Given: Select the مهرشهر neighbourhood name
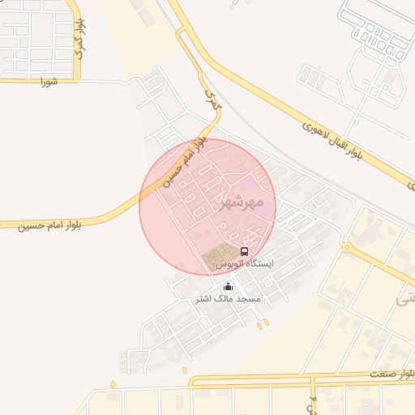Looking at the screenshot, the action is [248, 200].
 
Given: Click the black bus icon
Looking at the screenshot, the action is [245, 251].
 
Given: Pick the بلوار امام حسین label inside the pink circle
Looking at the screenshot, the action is [185, 162].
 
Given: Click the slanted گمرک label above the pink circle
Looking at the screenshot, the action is [212, 101].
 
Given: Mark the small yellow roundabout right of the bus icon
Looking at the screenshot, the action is [347, 246].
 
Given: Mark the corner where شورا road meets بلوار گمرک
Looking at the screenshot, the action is [78, 80].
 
